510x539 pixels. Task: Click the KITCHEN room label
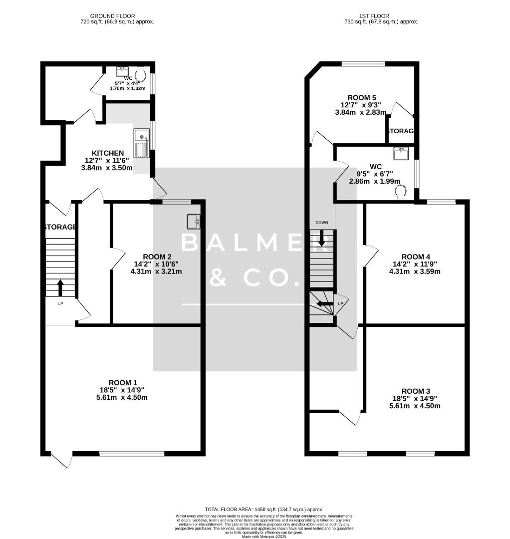[x=108, y=153]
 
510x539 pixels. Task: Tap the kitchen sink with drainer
[x=141, y=143]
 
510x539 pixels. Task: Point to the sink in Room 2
[x=194, y=221]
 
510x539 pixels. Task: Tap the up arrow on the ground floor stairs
[x=60, y=287]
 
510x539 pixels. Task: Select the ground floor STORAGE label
[x=60, y=227]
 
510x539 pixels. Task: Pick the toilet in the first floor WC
[x=401, y=192]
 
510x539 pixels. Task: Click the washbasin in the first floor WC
[x=401, y=153]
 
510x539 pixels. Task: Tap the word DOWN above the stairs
[x=321, y=222]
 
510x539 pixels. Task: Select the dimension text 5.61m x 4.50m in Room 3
[x=415, y=406]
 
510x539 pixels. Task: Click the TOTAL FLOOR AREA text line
[x=264, y=509]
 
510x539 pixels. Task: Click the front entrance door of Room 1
[x=60, y=460]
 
